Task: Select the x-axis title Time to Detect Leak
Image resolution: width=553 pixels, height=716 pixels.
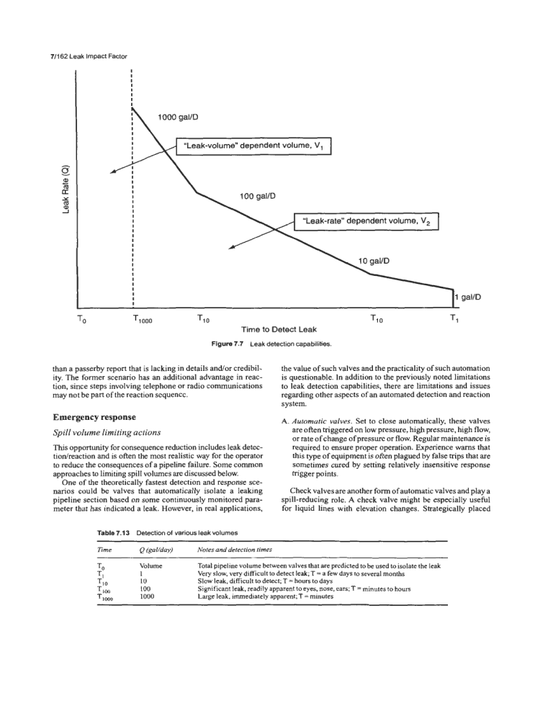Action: pos(276,329)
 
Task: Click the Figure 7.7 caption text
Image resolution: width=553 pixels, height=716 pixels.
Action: pos(276,342)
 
